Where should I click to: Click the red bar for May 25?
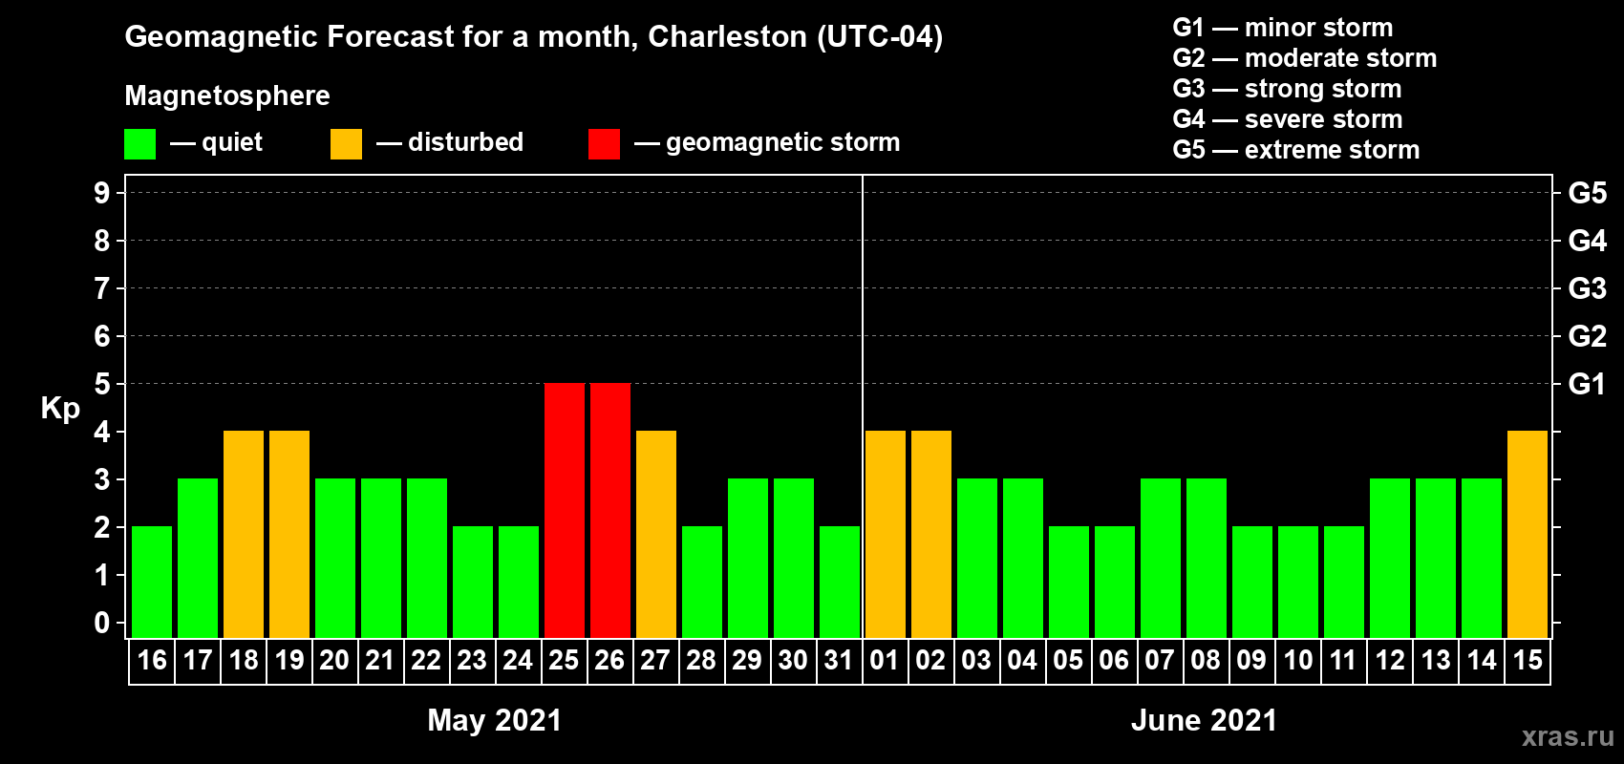coord(565,510)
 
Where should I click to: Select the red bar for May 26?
coord(610,510)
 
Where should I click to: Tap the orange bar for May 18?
coord(244,534)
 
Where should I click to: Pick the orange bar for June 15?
coord(1528,534)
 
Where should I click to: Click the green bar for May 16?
coord(152,582)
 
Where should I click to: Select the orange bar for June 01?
coord(886,534)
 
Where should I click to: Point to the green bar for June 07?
coord(1161,558)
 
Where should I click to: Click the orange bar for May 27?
coord(656,534)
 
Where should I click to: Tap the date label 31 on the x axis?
coord(839,660)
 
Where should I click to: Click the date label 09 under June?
coord(1251,660)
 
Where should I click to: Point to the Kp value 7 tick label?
coord(102,288)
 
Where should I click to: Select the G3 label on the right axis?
coord(1587,288)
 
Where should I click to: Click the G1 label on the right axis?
coord(1587,384)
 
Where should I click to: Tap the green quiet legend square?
coord(140,144)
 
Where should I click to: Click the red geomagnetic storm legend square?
coord(604,144)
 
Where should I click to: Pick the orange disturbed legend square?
coord(346,144)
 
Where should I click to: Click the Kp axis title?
coord(60,408)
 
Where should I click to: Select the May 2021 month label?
coord(494,720)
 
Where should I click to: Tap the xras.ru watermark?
coord(1568,736)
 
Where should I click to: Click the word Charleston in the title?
coord(727,36)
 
